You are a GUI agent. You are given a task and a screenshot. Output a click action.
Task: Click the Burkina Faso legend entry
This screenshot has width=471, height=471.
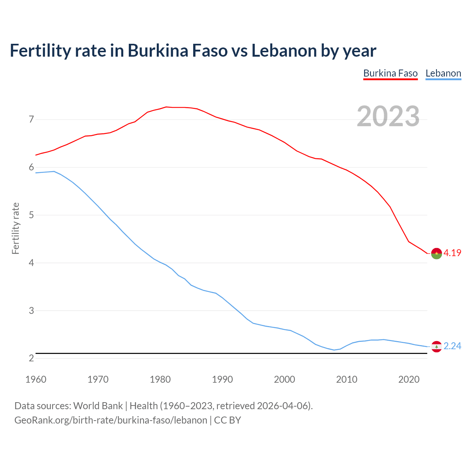[390, 73]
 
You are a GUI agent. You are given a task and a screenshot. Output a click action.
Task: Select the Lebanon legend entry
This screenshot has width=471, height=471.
[443, 73]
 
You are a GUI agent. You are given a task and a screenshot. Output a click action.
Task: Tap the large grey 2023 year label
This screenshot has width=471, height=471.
[388, 116]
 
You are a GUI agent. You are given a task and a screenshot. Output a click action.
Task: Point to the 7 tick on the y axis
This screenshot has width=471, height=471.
[31, 120]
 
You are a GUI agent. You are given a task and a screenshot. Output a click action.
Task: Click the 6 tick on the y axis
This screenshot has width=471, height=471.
[31, 167]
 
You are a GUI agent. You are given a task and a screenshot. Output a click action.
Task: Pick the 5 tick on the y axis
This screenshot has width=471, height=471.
[31, 215]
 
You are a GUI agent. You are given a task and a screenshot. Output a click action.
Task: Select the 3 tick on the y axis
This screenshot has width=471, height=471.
[31, 311]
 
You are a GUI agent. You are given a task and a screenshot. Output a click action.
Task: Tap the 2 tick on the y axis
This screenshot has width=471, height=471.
[31, 358]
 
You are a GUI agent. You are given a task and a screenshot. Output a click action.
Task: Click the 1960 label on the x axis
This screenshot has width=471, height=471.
[36, 379]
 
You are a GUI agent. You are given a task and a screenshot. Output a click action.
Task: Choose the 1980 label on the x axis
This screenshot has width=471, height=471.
[160, 379]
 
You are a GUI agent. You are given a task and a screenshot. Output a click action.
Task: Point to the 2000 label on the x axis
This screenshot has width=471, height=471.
[284, 379]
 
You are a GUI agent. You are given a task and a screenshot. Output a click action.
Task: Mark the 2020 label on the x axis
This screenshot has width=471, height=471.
[409, 379]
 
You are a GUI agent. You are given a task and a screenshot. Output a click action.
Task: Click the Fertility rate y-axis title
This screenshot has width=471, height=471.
[15, 228]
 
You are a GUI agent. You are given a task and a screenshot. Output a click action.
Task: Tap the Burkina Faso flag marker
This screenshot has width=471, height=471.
[436, 254]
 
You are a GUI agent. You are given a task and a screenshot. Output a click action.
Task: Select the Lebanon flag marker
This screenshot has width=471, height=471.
[436, 347]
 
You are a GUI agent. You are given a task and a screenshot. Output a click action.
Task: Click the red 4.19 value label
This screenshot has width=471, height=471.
[452, 253]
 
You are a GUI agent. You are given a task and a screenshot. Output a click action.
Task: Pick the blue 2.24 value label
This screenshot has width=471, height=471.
[452, 346]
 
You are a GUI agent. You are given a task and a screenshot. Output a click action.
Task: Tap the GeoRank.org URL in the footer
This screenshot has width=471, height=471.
[110, 420]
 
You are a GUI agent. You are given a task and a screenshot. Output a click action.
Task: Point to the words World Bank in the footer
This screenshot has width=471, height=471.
[98, 406]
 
